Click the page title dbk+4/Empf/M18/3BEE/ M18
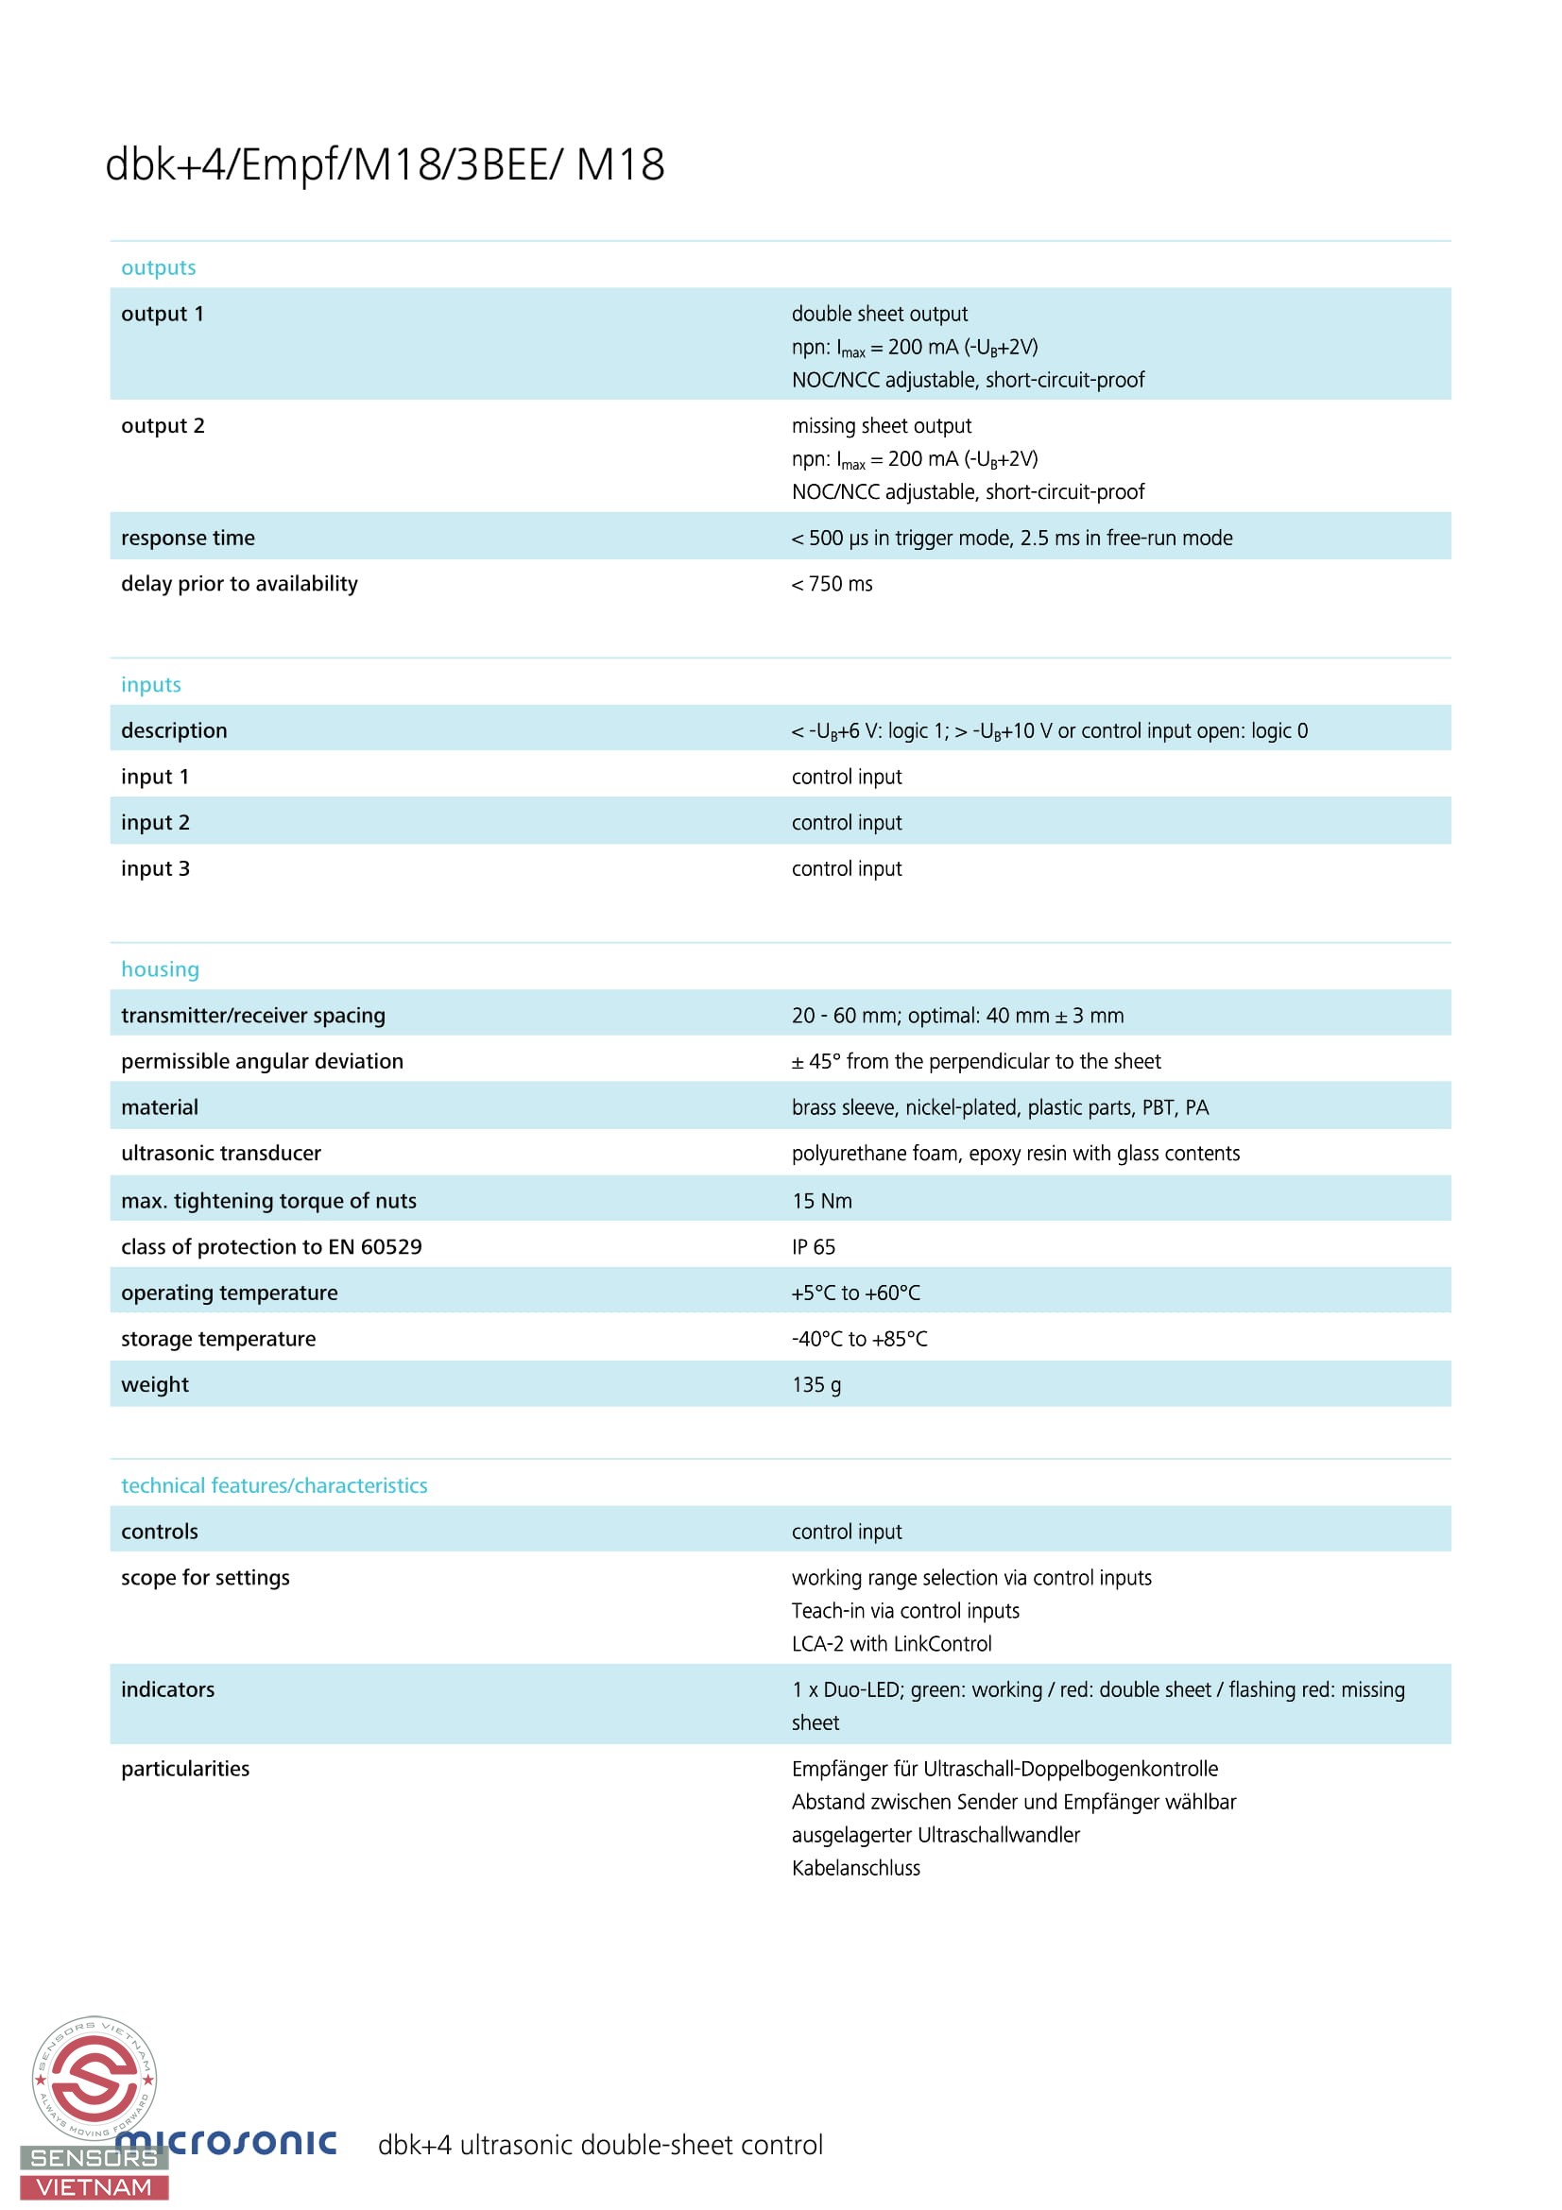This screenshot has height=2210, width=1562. (384, 164)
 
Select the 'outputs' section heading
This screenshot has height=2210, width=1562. (158, 267)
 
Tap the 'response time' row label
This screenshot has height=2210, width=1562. (188, 538)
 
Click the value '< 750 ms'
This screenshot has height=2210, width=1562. (832, 584)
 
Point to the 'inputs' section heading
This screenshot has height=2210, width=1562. (151, 684)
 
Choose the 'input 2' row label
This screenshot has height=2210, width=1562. (155, 823)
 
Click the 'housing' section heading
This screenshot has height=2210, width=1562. (160, 969)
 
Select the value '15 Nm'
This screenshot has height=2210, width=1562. (822, 1201)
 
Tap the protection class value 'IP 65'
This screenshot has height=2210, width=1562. (814, 1247)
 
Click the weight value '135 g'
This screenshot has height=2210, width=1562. (816, 1385)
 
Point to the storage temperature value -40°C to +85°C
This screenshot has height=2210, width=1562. (860, 1339)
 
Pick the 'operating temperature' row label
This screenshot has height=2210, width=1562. (229, 1293)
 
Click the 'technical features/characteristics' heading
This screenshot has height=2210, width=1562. (274, 1485)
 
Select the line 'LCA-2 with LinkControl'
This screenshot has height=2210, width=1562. (891, 1644)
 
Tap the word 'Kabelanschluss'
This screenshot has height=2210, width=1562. (855, 1868)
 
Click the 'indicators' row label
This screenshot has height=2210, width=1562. (167, 1690)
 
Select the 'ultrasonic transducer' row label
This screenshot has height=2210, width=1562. (221, 1153)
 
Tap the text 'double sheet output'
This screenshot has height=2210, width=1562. (880, 314)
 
